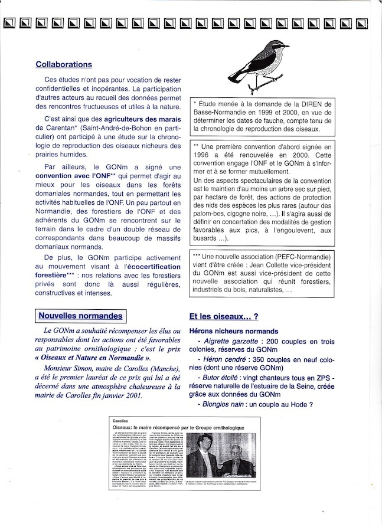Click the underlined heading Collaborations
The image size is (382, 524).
point(64,64)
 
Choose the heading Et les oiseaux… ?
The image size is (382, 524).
point(224,316)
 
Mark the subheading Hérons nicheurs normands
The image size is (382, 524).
point(233,331)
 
